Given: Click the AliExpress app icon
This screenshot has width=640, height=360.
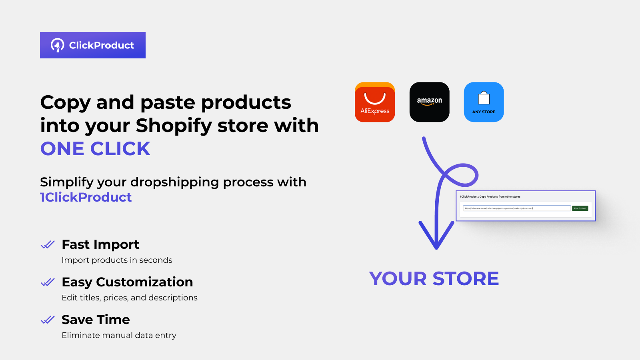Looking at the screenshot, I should (x=375, y=102).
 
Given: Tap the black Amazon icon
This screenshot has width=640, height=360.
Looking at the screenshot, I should (x=429, y=102).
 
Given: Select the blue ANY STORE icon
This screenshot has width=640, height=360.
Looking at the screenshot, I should (x=484, y=102).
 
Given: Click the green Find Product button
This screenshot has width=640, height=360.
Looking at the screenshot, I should (x=580, y=208).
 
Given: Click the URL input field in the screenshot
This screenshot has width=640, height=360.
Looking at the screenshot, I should (x=516, y=208).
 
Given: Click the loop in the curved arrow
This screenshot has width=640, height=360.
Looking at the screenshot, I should (x=460, y=175).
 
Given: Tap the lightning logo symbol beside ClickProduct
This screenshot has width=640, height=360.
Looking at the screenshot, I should (x=57, y=45).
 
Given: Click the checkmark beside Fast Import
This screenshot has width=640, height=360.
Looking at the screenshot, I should (x=48, y=244).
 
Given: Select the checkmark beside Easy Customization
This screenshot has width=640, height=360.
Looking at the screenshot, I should (x=48, y=282).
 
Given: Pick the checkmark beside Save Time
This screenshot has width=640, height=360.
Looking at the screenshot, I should (x=48, y=320).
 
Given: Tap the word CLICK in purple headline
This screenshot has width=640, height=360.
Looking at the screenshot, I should (x=120, y=149).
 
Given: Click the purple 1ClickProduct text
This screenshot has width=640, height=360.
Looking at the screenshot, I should (x=86, y=197).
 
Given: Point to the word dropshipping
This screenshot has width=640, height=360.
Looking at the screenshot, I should (x=174, y=182).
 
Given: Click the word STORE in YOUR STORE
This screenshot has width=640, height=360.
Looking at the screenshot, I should (x=466, y=279).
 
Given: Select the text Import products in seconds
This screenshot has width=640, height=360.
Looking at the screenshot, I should (x=117, y=260).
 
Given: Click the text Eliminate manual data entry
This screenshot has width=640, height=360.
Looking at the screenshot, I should (x=119, y=335).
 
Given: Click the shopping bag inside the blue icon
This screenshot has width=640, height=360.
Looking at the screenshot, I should (x=484, y=98).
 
